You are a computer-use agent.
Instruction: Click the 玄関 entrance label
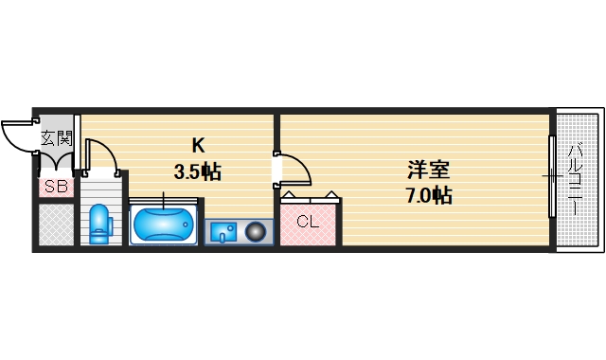55,137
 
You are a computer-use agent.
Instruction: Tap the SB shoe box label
55,187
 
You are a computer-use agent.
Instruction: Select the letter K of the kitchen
198,146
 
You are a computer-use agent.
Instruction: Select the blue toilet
99,225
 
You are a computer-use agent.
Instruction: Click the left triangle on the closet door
289,196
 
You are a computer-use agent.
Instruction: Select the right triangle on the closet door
332,196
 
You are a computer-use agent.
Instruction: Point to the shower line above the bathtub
163,199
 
